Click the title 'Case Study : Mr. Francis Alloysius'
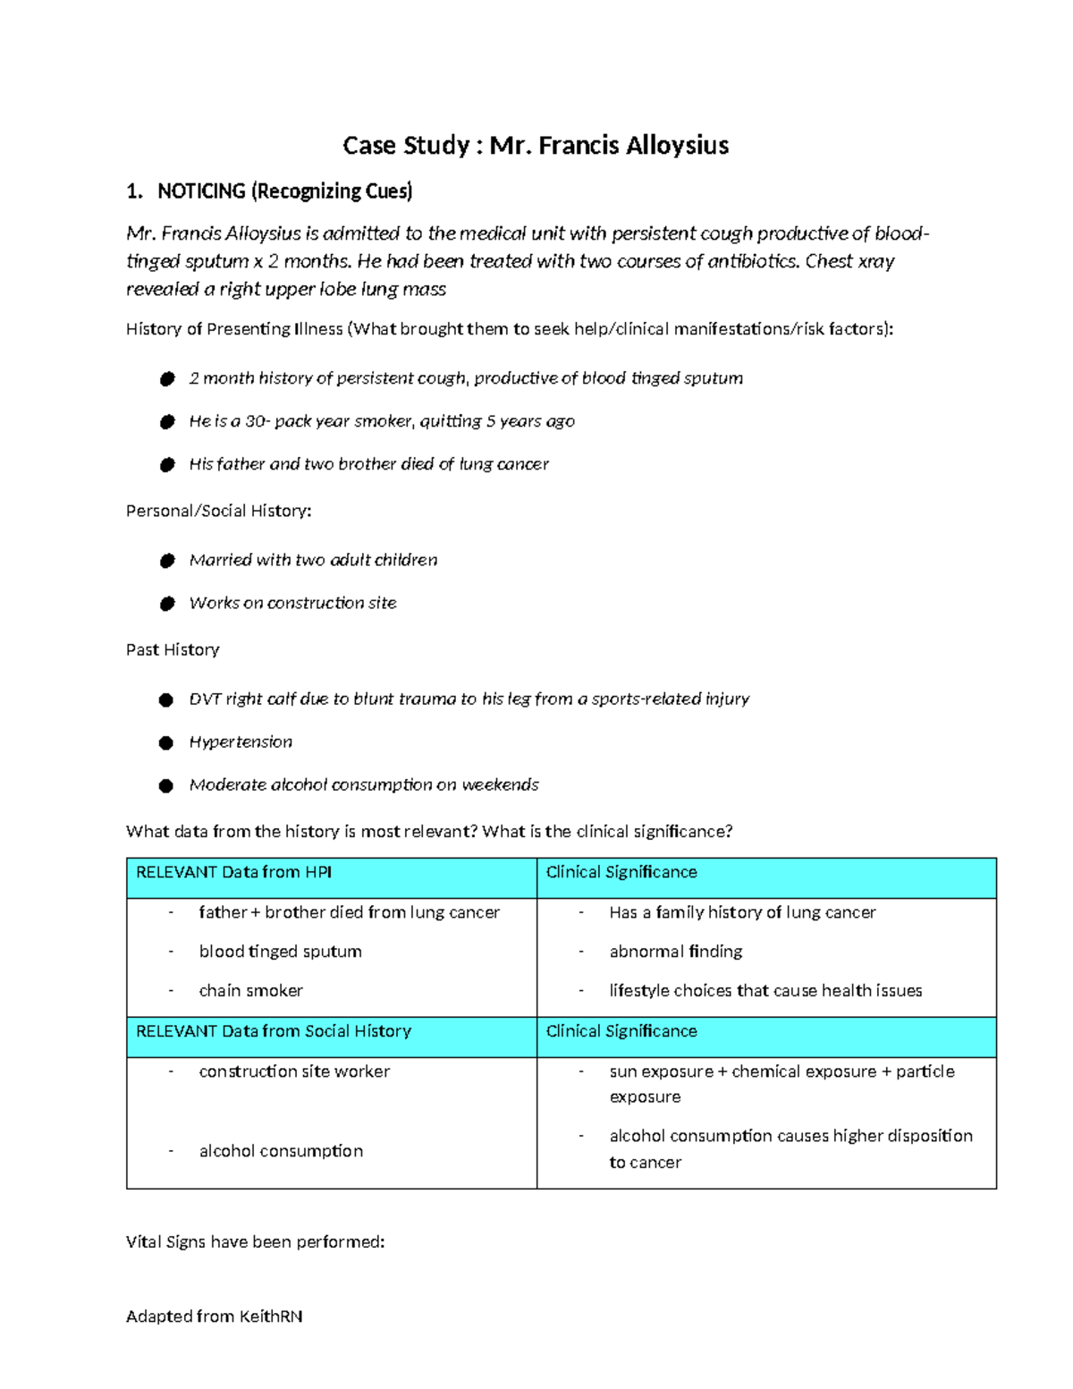[536, 146]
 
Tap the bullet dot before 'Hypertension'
[166, 743]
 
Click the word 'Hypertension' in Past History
[241, 742]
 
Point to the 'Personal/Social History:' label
[219, 511]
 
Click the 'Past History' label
[173, 649]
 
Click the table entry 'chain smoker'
[250, 991]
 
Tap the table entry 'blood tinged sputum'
[280, 952]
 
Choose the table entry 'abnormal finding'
[675, 952]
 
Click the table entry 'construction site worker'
[294, 1071]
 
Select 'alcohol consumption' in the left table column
[281, 1151]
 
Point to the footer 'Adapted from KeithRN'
[215, 1317]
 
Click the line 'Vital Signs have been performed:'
[256, 1242]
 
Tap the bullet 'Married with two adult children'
[313, 560]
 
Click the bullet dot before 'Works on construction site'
[166, 604]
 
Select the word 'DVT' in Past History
[205, 699]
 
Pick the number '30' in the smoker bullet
[256, 421]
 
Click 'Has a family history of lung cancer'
[742, 912]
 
